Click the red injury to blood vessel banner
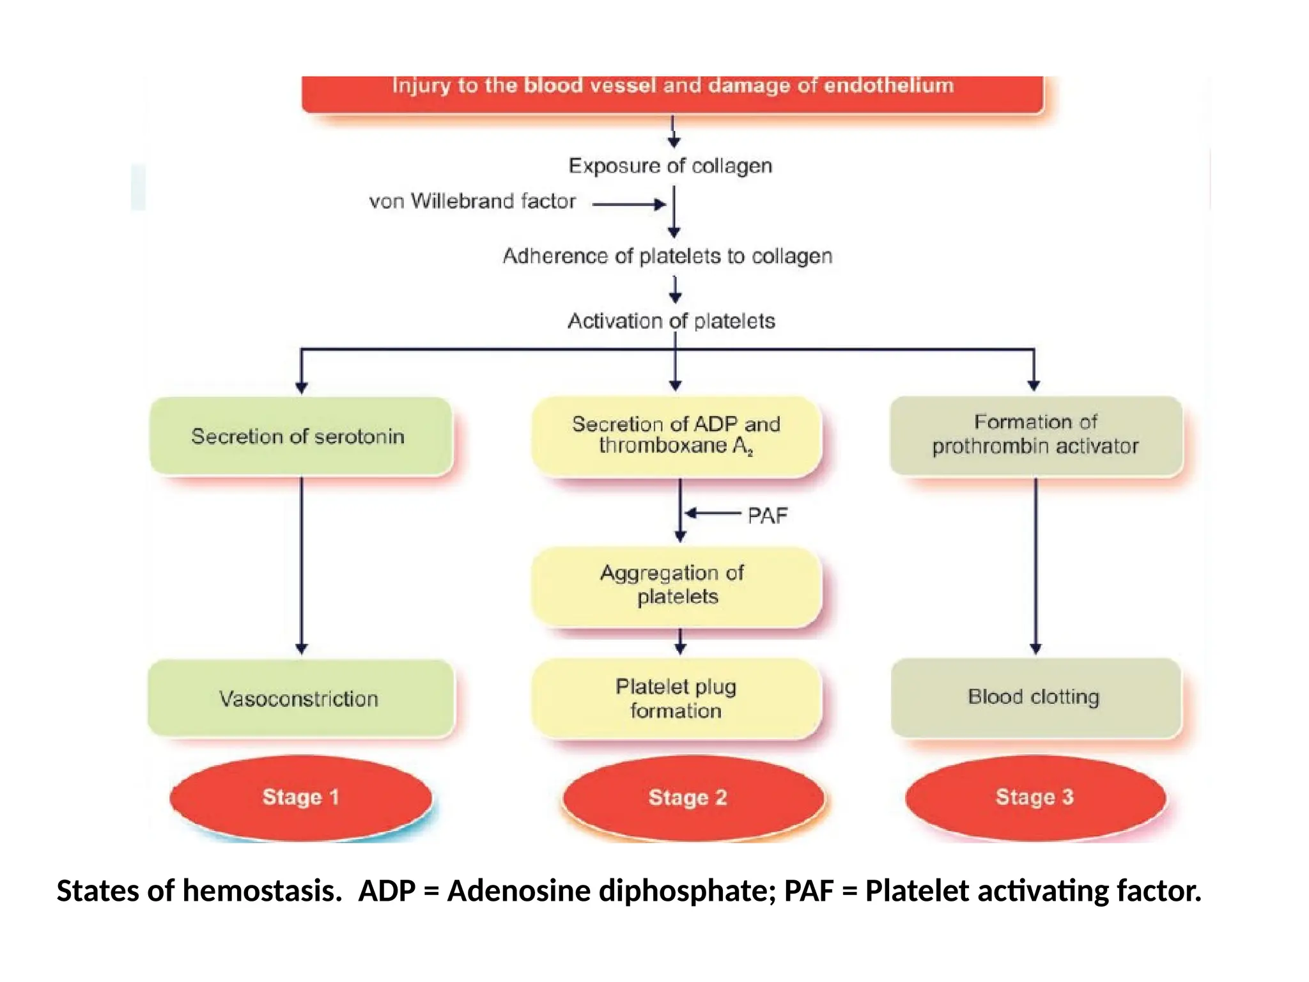pyautogui.click(x=672, y=93)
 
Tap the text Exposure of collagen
pyautogui.click(x=670, y=166)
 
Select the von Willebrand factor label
pyautogui.click(x=472, y=201)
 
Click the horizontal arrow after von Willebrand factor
pyautogui.click(x=629, y=205)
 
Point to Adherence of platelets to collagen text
pyautogui.click(x=667, y=256)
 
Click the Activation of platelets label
pyautogui.click(x=671, y=321)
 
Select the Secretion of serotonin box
pyautogui.click(x=300, y=436)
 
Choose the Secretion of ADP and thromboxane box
pyautogui.click(x=676, y=435)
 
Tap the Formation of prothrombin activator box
pyautogui.click(x=1035, y=435)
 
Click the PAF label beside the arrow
pyautogui.click(x=768, y=515)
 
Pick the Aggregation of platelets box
pyautogui.click(x=676, y=585)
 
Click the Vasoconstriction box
pyautogui.click(x=300, y=698)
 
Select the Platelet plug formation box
pyautogui.click(x=676, y=698)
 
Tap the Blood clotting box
pyautogui.click(x=1035, y=697)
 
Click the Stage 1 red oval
pyautogui.click(x=300, y=797)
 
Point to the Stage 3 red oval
pyautogui.click(x=1035, y=797)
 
